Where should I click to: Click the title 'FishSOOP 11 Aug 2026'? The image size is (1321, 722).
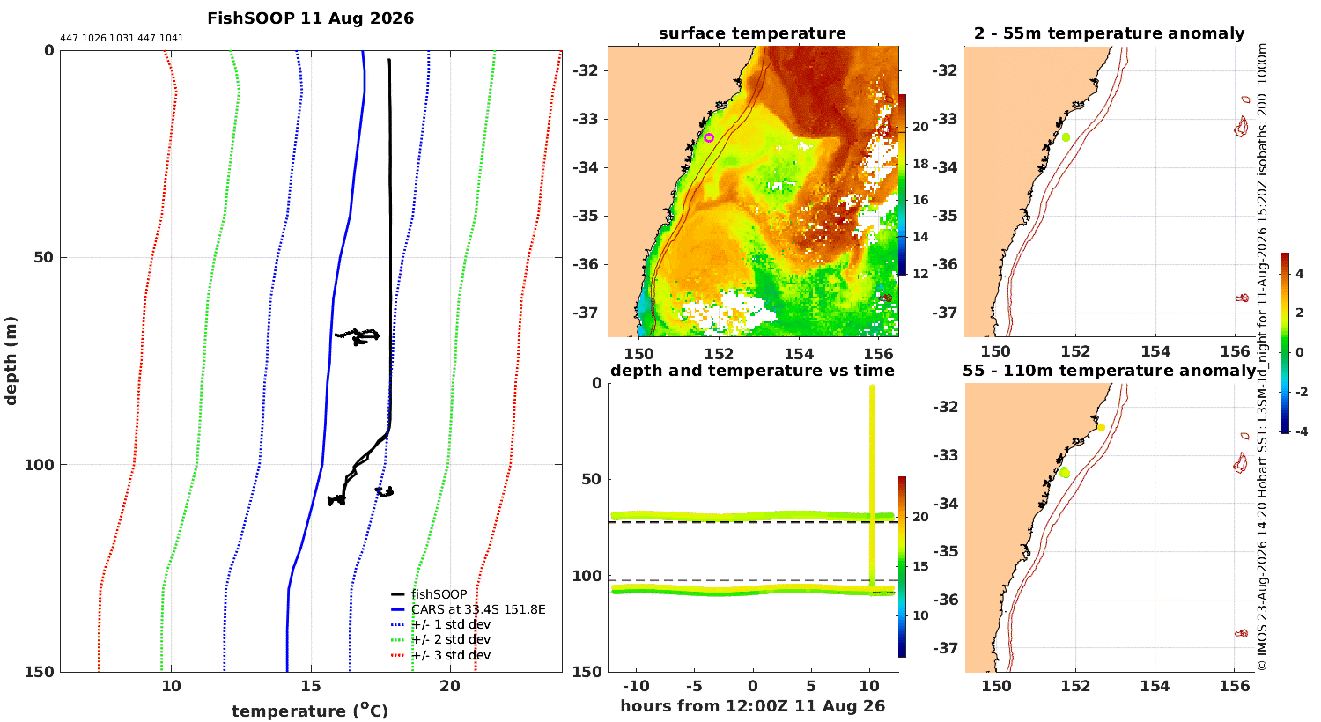coord(310,18)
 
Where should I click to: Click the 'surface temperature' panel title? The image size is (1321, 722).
coord(752,33)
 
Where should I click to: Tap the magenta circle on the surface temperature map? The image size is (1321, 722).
coord(709,138)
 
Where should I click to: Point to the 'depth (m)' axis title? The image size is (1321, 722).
coord(10,361)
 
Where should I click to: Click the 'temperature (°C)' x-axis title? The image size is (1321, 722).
coord(310,711)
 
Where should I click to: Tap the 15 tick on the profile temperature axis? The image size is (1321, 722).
coord(311,686)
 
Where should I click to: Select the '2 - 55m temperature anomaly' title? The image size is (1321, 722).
coord(1109,33)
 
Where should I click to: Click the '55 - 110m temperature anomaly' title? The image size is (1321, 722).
coord(1110,370)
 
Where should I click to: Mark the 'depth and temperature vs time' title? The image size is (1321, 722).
coord(752,370)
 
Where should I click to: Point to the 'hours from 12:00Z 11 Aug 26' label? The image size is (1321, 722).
coord(752,705)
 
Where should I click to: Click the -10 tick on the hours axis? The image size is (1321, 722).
coord(636,686)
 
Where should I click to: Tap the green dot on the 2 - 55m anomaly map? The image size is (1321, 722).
coord(1066,137)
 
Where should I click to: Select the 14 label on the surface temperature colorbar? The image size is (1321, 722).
coord(920,237)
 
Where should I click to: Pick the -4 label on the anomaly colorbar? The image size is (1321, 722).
coord(1300,431)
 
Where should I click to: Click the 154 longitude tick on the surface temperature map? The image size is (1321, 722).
coord(799,354)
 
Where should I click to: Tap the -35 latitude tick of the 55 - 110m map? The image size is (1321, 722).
coord(945,552)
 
